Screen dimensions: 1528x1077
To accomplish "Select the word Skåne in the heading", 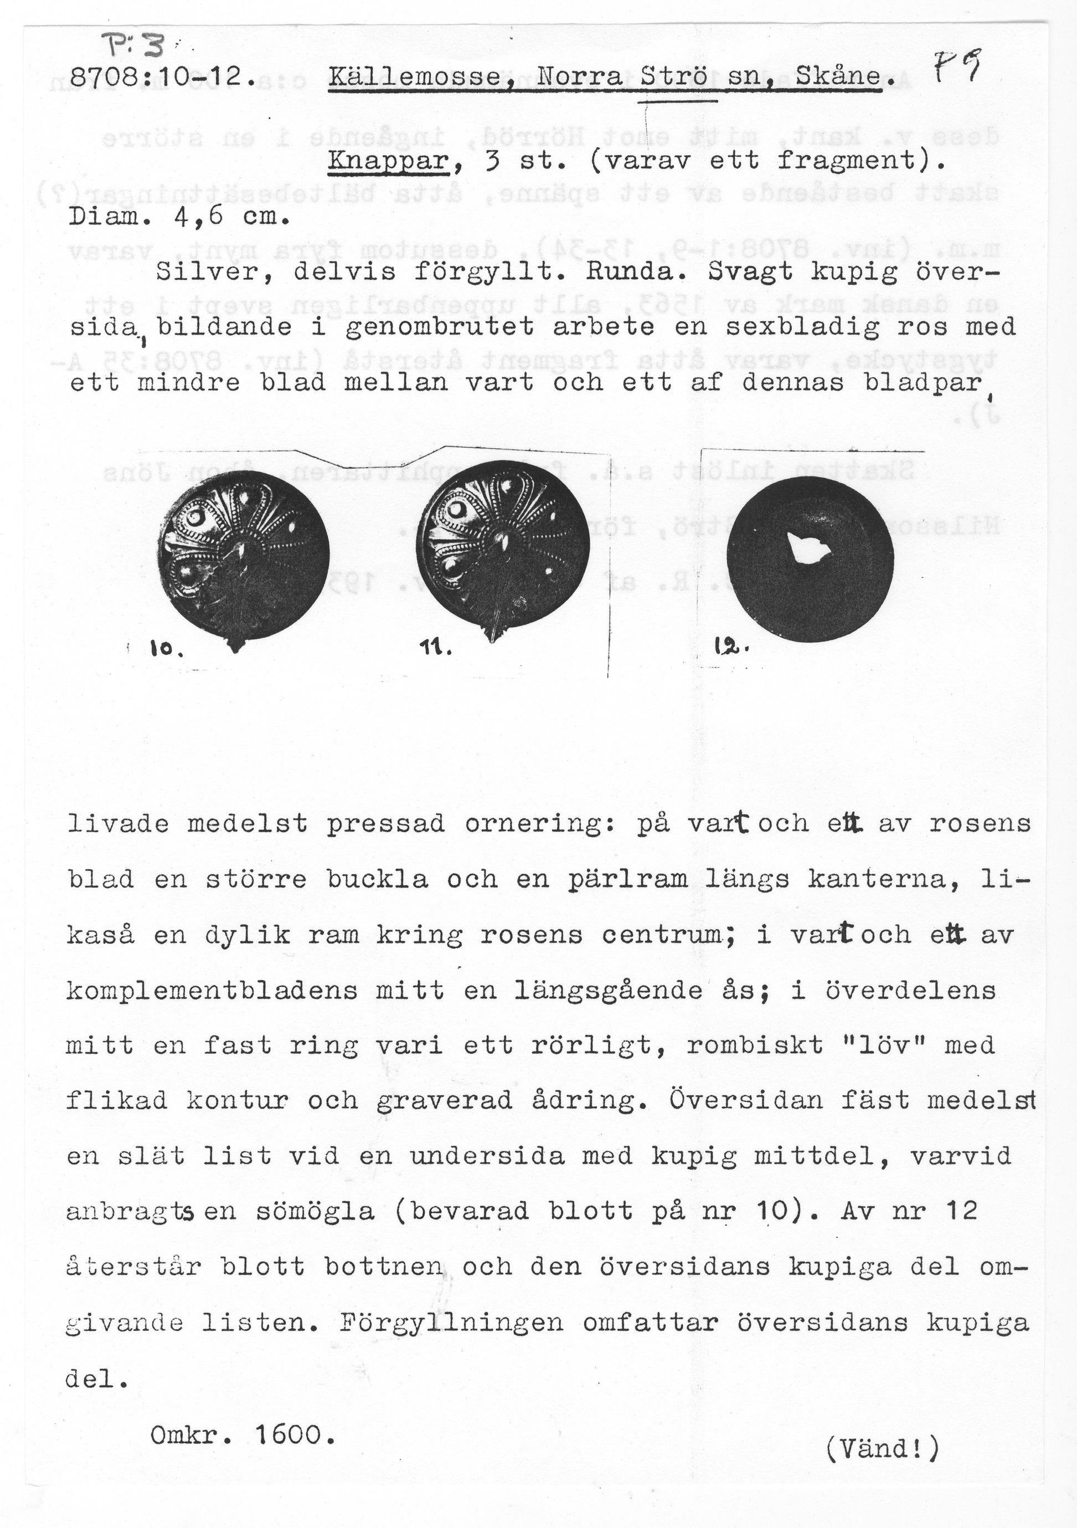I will pos(839,78).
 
